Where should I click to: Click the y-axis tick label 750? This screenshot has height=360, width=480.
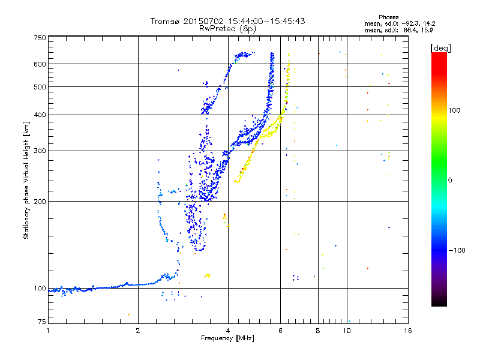click(40, 38)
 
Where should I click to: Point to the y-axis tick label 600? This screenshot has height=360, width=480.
click(40, 64)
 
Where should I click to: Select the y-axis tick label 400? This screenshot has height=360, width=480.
click(40, 115)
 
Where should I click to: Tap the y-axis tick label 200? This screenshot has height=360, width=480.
click(40, 201)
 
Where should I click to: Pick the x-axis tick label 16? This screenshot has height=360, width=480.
click(407, 331)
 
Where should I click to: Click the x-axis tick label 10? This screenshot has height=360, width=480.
click(346, 331)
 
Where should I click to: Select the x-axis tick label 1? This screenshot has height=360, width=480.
click(48, 331)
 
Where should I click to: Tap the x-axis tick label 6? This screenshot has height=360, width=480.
click(280, 331)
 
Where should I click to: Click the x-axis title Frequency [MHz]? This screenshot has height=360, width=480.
click(227, 339)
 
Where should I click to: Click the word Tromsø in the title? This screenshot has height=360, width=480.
click(166, 21)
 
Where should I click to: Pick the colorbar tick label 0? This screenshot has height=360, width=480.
click(451, 180)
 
